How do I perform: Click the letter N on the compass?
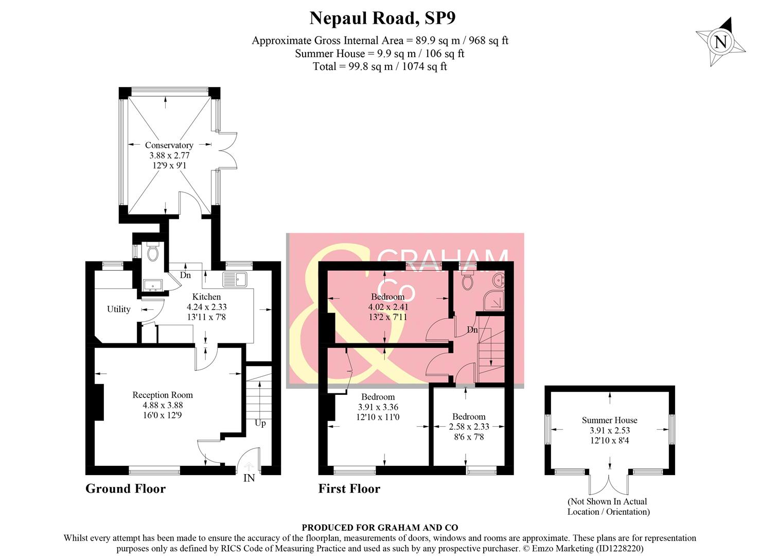[x=720, y=42]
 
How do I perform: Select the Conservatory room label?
[x=169, y=145]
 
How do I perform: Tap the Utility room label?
[x=118, y=309]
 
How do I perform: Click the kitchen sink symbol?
[x=235, y=280]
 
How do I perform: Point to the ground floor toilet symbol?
[x=152, y=252]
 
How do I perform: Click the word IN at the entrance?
[x=249, y=478]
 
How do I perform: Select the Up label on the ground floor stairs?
[x=260, y=423]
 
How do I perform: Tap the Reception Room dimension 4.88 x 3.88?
[x=163, y=405]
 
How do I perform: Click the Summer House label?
[x=609, y=420]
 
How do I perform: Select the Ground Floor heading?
[x=126, y=489]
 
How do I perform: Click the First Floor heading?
[x=349, y=489]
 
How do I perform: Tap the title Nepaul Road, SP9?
[x=382, y=18]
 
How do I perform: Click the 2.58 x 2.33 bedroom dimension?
[x=469, y=427]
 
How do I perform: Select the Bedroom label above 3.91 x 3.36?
[x=378, y=397]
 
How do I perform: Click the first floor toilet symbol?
[x=468, y=281]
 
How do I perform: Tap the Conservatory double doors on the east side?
[x=227, y=150]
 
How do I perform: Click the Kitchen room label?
[x=206, y=297]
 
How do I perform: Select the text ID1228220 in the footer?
[x=619, y=548]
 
